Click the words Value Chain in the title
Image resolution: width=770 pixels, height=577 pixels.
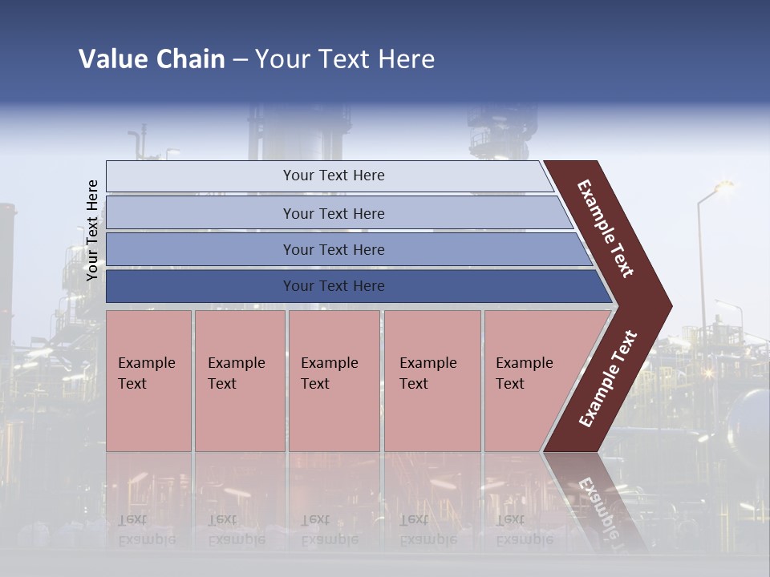152,59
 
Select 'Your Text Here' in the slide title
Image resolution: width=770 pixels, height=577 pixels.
345,59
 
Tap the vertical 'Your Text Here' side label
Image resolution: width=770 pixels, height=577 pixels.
92,230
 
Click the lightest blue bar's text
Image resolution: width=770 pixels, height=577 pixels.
334,176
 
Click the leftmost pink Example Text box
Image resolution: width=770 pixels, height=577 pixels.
148,381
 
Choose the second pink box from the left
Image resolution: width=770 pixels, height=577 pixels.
240,381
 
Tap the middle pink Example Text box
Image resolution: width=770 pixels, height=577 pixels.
334,381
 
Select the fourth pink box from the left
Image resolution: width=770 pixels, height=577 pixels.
432,381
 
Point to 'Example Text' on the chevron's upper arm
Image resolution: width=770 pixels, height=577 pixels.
606,229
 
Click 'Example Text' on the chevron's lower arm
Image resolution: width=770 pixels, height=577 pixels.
608,379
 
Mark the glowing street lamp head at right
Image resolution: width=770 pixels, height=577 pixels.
724,186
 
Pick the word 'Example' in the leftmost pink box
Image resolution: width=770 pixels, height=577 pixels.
146,363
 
